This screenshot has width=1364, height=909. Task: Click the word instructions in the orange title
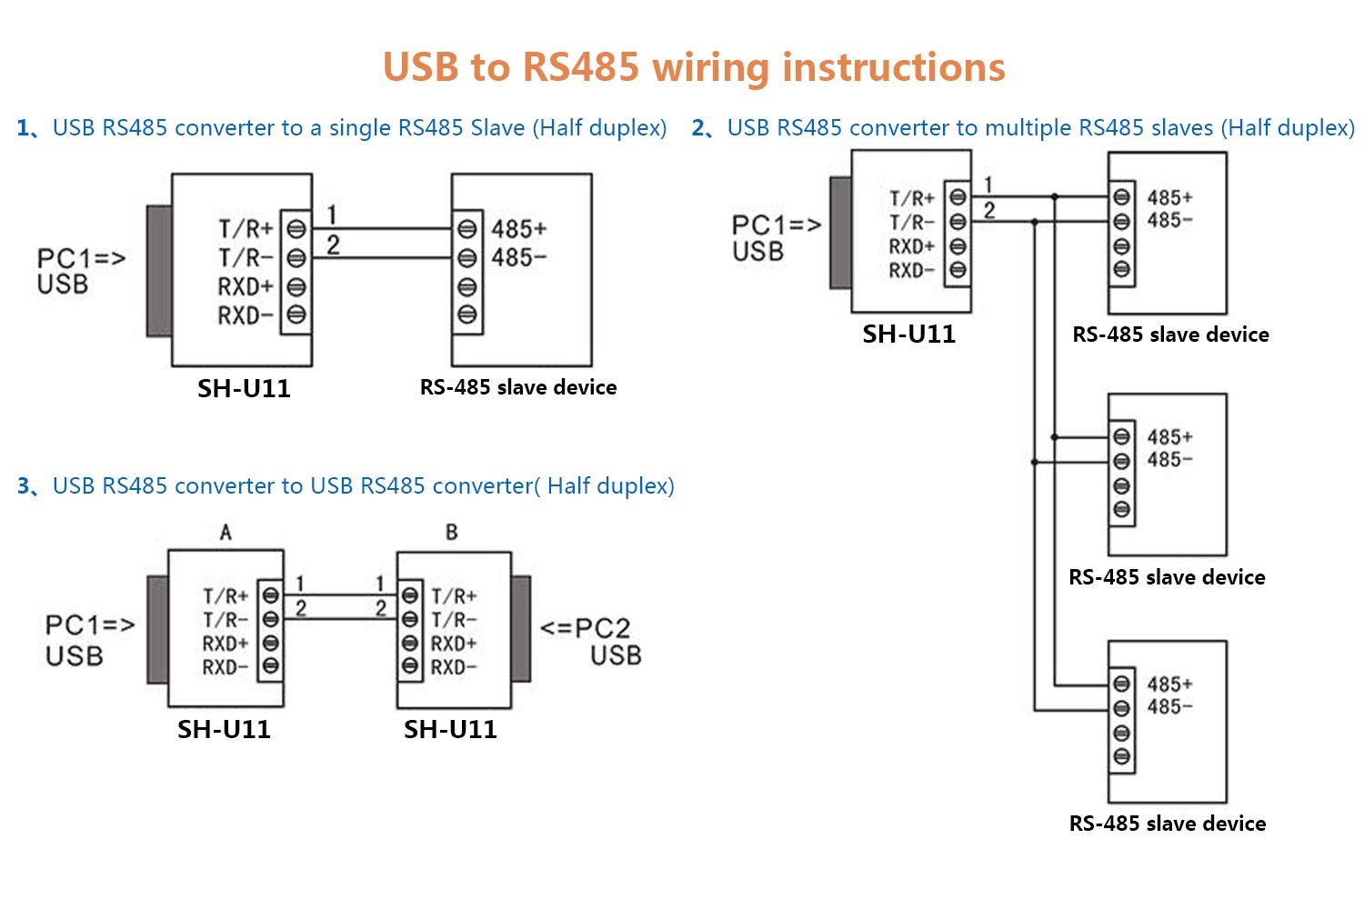(893, 68)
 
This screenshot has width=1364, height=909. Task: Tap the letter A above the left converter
(226, 533)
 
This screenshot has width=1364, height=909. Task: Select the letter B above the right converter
(452, 533)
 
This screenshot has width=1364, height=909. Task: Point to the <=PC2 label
(585, 628)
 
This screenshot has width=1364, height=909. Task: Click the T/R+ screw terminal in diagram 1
(296, 229)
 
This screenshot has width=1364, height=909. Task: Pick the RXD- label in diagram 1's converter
(245, 315)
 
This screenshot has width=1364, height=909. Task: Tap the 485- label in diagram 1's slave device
(518, 258)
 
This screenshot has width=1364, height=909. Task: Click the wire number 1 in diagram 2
(988, 185)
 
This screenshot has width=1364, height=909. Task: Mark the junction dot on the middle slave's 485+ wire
(1055, 437)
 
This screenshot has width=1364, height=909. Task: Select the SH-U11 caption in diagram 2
(909, 335)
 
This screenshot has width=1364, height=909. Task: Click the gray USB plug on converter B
(521, 628)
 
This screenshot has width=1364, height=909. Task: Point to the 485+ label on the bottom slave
(1169, 684)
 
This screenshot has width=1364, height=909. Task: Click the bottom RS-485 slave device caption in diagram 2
(1168, 824)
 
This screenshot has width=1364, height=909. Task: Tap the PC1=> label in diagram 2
(776, 225)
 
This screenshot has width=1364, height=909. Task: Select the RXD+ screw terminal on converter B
(410, 643)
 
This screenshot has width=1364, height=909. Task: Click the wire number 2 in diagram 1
(333, 245)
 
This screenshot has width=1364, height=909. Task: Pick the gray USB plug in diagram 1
(159, 270)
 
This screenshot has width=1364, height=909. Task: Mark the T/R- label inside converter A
(225, 620)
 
